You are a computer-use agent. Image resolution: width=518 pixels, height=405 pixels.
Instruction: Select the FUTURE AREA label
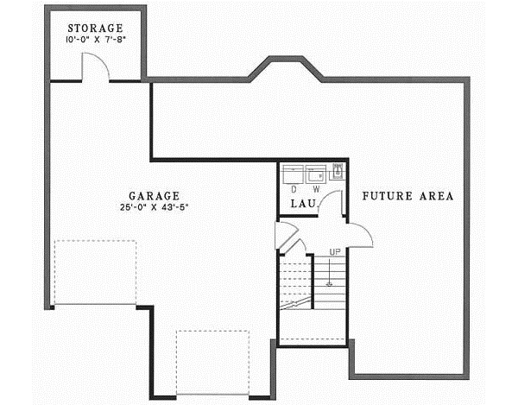[407, 196]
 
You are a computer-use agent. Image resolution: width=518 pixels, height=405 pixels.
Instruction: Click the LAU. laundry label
[301, 204]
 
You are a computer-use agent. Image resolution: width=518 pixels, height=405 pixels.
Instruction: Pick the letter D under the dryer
[294, 187]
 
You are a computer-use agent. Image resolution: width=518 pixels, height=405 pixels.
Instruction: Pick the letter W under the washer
[316, 187]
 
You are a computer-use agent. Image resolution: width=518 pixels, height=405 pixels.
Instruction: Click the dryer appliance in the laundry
[295, 172]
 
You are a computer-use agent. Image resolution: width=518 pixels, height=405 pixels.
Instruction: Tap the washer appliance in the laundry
[316, 172]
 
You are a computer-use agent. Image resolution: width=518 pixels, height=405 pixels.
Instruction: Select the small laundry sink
[338, 170]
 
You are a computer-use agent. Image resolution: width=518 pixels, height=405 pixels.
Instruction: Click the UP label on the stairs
[334, 251]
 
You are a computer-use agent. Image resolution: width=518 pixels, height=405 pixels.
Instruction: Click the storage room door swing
[94, 67]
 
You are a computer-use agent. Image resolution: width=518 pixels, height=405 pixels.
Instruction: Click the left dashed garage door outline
[94, 272]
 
